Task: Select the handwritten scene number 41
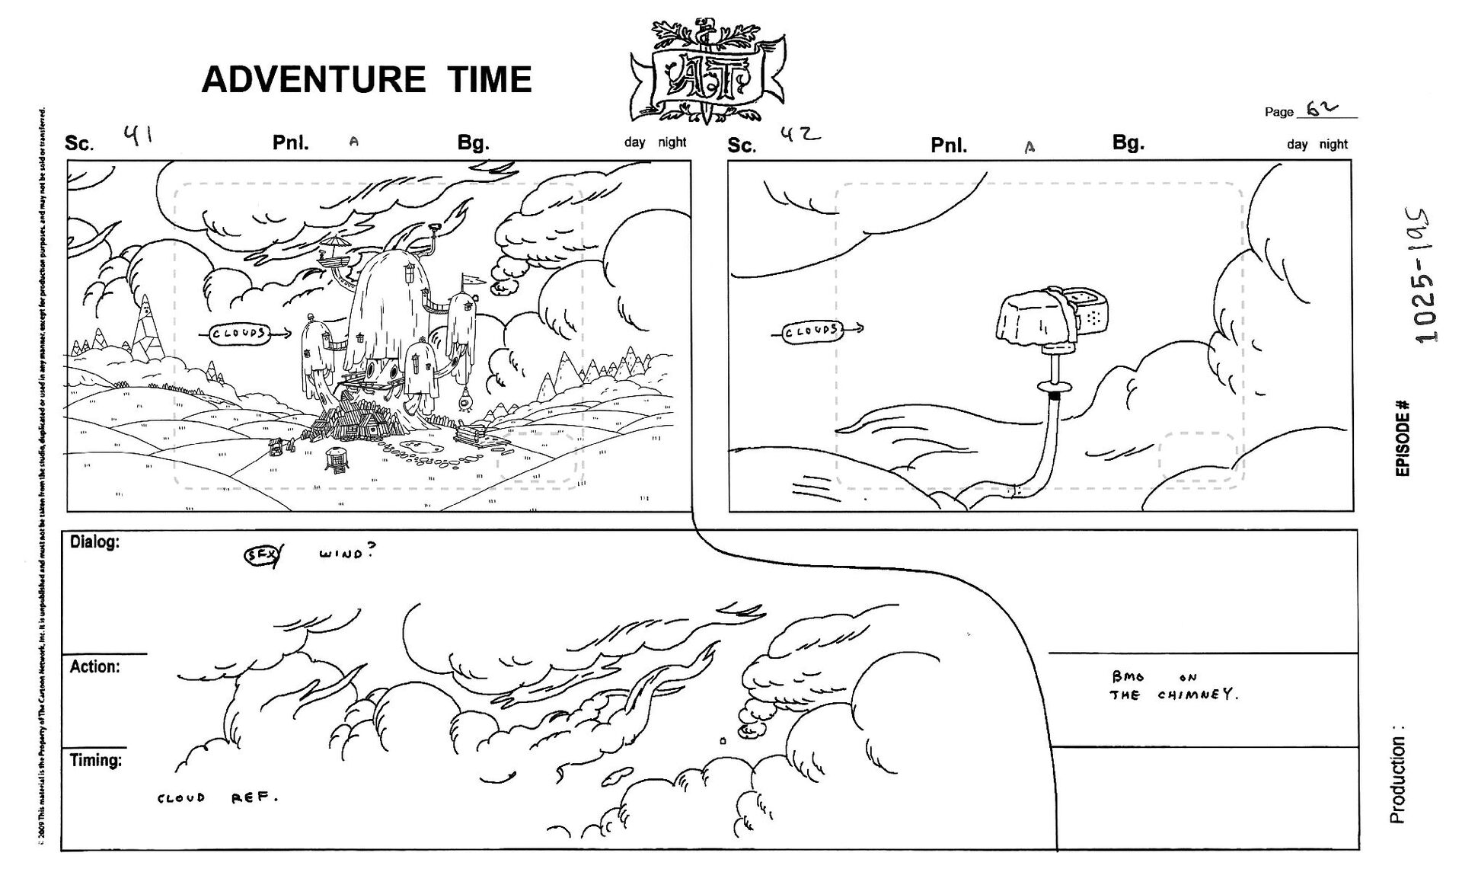[138, 136]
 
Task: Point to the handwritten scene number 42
[800, 136]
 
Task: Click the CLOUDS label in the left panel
[238, 334]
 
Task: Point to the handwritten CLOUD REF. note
[217, 799]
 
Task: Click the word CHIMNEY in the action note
[1198, 695]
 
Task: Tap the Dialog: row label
[94, 543]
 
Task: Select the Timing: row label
[96, 760]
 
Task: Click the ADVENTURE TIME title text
[366, 80]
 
